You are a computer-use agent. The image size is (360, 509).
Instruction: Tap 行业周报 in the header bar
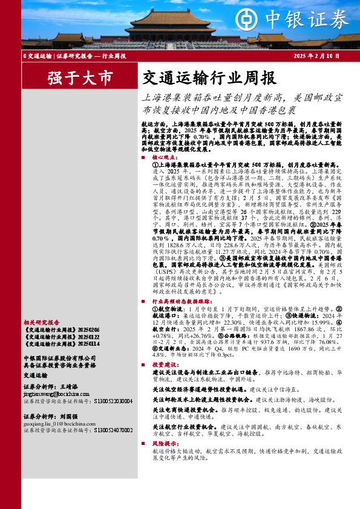coord(113,56)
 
